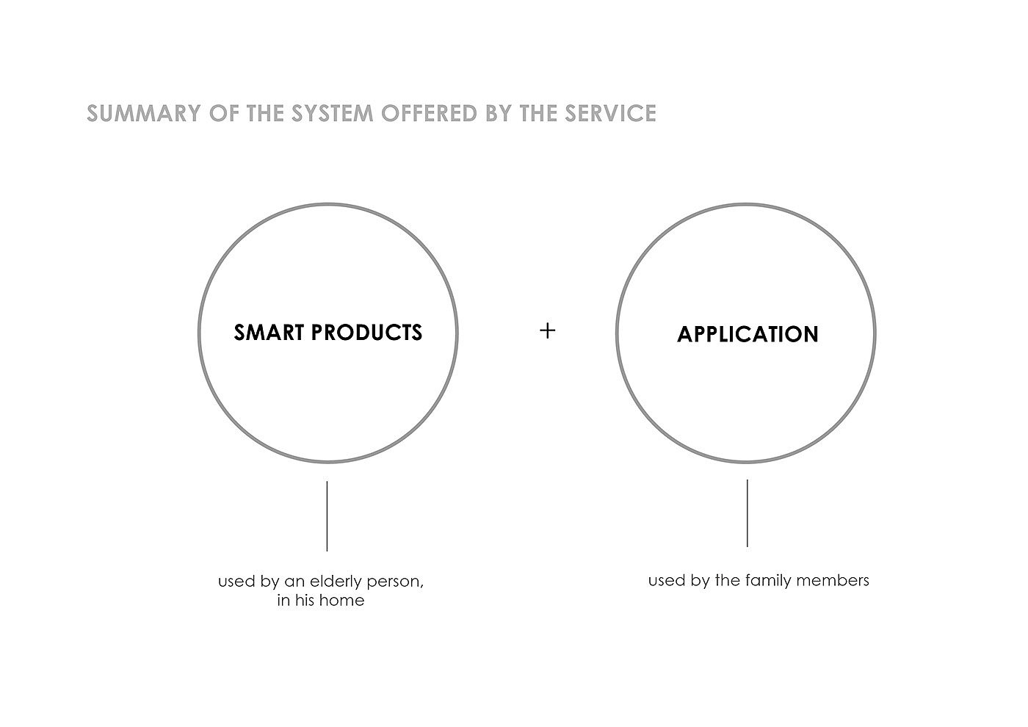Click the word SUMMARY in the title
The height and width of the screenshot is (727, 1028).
coord(144,113)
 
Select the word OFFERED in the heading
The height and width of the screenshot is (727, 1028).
coord(429,113)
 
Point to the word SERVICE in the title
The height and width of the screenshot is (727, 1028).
coord(610,113)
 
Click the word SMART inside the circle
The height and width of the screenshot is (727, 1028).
coord(269,333)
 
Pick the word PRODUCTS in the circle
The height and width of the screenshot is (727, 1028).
coord(366,333)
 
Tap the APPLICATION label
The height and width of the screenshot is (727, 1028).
coord(748,334)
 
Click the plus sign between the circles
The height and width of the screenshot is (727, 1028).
coord(548,330)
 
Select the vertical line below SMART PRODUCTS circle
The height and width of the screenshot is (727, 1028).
coord(327,516)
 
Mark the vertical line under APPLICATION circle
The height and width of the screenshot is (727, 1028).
coord(748,513)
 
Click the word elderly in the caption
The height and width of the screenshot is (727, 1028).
coord(336,582)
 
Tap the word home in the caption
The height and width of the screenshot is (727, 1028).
coord(342,600)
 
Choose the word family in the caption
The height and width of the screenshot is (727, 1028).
coord(769,581)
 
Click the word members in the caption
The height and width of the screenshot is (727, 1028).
coord(833,580)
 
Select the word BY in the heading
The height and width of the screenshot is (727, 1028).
coord(498,113)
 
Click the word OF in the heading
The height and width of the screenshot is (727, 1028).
coord(224,113)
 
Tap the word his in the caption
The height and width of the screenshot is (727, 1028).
coord(305,600)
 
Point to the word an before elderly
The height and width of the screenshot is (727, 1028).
coord(295,582)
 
